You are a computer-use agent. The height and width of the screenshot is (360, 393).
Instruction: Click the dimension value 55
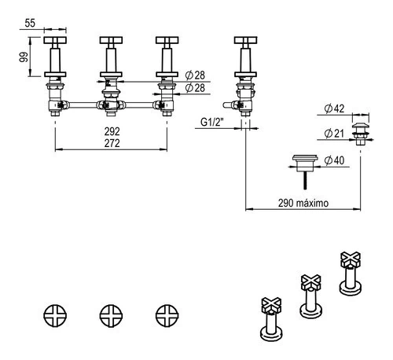tap(30, 23)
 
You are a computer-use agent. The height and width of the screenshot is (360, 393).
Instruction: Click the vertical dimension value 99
tap(24, 57)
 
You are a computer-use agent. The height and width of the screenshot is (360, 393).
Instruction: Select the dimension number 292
tap(112, 131)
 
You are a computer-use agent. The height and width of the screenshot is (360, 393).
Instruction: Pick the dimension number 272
tap(112, 143)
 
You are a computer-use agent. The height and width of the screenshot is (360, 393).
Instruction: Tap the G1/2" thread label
tap(212, 122)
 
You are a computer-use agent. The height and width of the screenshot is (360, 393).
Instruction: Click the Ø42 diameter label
tap(334, 108)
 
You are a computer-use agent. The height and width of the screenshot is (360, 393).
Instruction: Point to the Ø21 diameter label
tap(334, 134)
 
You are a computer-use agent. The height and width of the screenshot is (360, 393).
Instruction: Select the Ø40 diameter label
tap(334, 160)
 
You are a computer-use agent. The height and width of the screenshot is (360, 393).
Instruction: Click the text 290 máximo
tap(303, 203)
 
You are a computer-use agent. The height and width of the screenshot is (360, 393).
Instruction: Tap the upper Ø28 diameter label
tap(195, 75)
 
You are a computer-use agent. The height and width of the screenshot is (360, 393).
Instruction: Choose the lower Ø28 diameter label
tap(195, 88)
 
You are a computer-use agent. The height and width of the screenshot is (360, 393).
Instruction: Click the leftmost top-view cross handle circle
tap(55, 316)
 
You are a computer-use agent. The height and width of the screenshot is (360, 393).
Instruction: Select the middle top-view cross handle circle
tap(111, 316)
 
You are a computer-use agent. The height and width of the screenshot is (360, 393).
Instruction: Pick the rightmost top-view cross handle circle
tap(167, 316)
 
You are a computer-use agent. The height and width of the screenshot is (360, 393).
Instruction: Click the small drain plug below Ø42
tap(361, 134)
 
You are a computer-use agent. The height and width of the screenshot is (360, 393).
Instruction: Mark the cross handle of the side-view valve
tap(245, 40)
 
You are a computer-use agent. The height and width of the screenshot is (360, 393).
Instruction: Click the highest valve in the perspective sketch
tap(351, 273)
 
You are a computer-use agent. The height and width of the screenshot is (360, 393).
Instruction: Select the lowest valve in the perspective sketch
tap(271, 319)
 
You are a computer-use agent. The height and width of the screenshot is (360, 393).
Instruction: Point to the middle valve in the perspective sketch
tap(311, 296)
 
